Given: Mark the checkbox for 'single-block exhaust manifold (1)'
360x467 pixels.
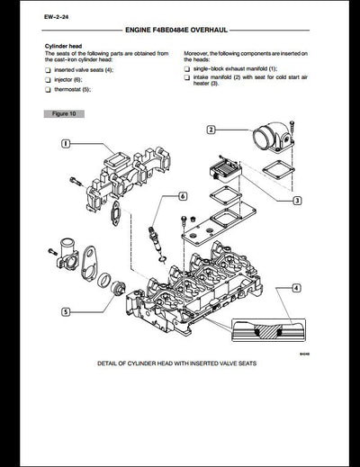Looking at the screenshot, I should point(186,70).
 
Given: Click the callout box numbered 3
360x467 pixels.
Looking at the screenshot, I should point(296,201).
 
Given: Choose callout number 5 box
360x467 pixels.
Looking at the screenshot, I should point(66,311).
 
